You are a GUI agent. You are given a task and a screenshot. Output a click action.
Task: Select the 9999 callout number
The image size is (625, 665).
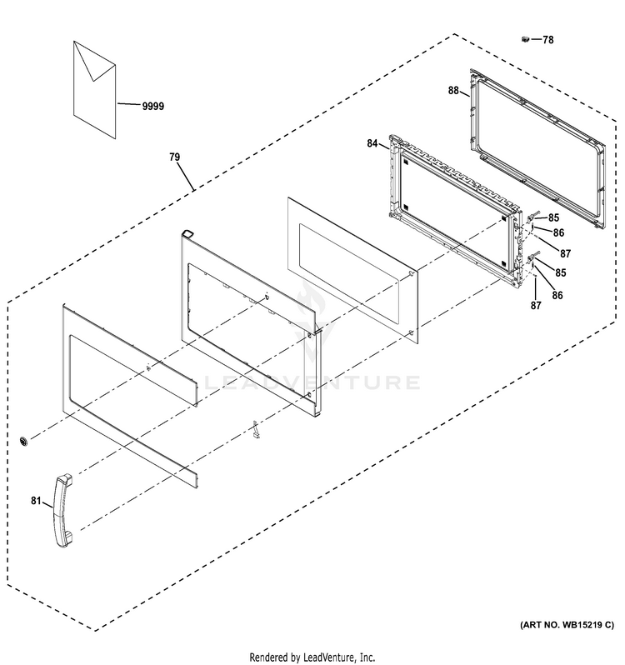tap(152, 106)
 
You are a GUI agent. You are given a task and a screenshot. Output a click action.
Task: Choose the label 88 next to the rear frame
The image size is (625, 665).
tap(454, 92)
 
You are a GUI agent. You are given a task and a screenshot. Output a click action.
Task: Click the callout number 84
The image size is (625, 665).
tap(372, 144)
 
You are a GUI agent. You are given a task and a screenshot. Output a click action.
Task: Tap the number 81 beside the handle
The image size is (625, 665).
tap(36, 501)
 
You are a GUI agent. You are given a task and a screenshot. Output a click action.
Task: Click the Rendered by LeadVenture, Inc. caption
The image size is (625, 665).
tap(312, 656)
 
